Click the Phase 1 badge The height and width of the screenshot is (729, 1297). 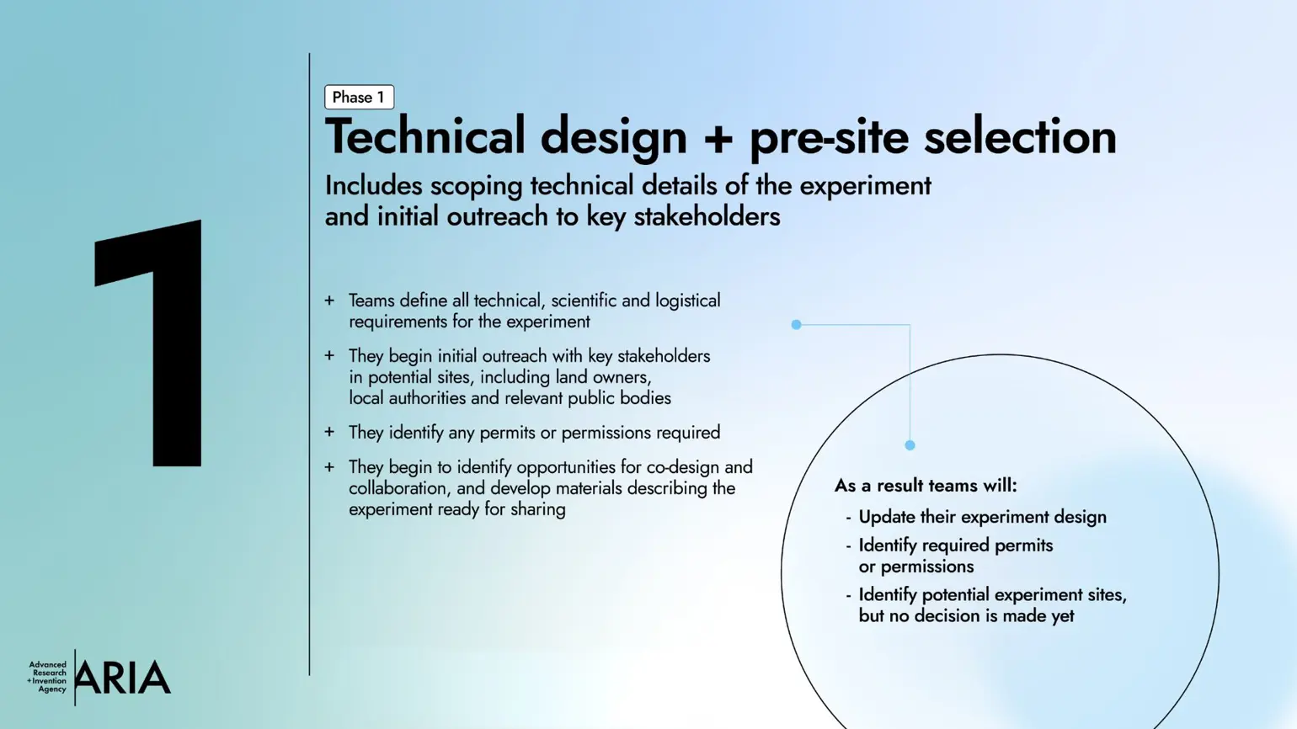[x=359, y=97]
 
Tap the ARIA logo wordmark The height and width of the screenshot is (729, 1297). [x=123, y=678]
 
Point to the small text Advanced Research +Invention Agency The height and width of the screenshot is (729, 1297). [x=48, y=677]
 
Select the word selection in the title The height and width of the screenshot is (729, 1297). [x=1020, y=136]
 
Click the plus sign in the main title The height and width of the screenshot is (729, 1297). [x=718, y=138]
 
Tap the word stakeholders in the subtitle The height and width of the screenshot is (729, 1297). [x=707, y=216]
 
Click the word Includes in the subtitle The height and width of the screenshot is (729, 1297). [x=373, y=185]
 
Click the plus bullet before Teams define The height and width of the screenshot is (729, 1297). [x=329, y=301]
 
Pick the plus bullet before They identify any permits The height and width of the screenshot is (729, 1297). [x=329, y=433]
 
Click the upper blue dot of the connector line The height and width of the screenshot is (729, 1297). [x=796, y=324]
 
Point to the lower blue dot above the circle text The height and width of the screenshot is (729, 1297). [x=910, y=445]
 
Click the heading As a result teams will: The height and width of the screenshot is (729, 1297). [x=926, y=486]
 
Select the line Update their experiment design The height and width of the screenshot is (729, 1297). [x=982, y=517]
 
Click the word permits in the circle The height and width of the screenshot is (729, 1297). [x=1023, y=545]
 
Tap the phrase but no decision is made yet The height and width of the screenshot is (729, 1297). [x=966, y=616]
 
